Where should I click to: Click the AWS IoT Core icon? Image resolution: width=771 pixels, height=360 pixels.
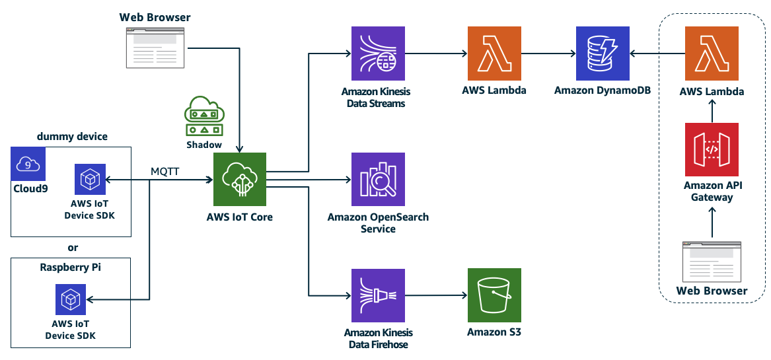coord(239,179)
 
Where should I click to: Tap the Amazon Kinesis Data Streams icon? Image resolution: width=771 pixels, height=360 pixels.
coord(378,53)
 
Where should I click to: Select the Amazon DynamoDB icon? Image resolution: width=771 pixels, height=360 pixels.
coord(602,53)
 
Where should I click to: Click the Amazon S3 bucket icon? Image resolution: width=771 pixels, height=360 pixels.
coord(494,294)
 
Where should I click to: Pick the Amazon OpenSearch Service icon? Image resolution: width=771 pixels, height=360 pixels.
coord(378,179)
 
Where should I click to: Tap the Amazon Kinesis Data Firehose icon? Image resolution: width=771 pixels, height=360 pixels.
coord(378,294)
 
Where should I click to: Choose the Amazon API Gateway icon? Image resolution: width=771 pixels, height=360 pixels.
coord(712,149)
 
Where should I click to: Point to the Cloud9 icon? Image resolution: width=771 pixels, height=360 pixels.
coord(28,164)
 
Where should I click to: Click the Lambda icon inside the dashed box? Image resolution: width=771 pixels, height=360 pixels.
coord(712,53)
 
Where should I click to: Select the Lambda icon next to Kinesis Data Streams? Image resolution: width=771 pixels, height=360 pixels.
coord(494,53)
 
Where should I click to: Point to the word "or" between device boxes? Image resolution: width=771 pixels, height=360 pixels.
coord(73,248)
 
